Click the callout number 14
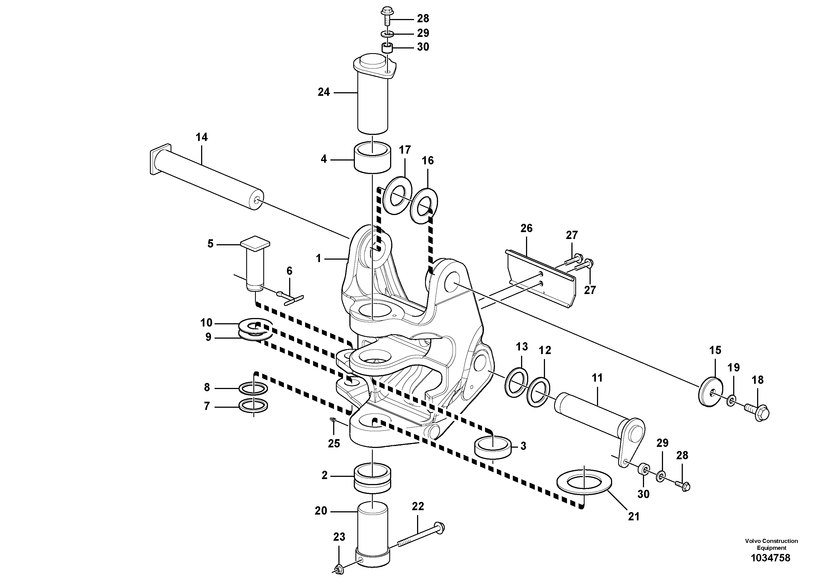click(202, 137)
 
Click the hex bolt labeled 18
click(757, 413)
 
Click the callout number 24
click(324, 92)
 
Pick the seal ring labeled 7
click(253, 406)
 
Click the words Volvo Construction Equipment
click(771, 544)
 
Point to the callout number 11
click(597, 378)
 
